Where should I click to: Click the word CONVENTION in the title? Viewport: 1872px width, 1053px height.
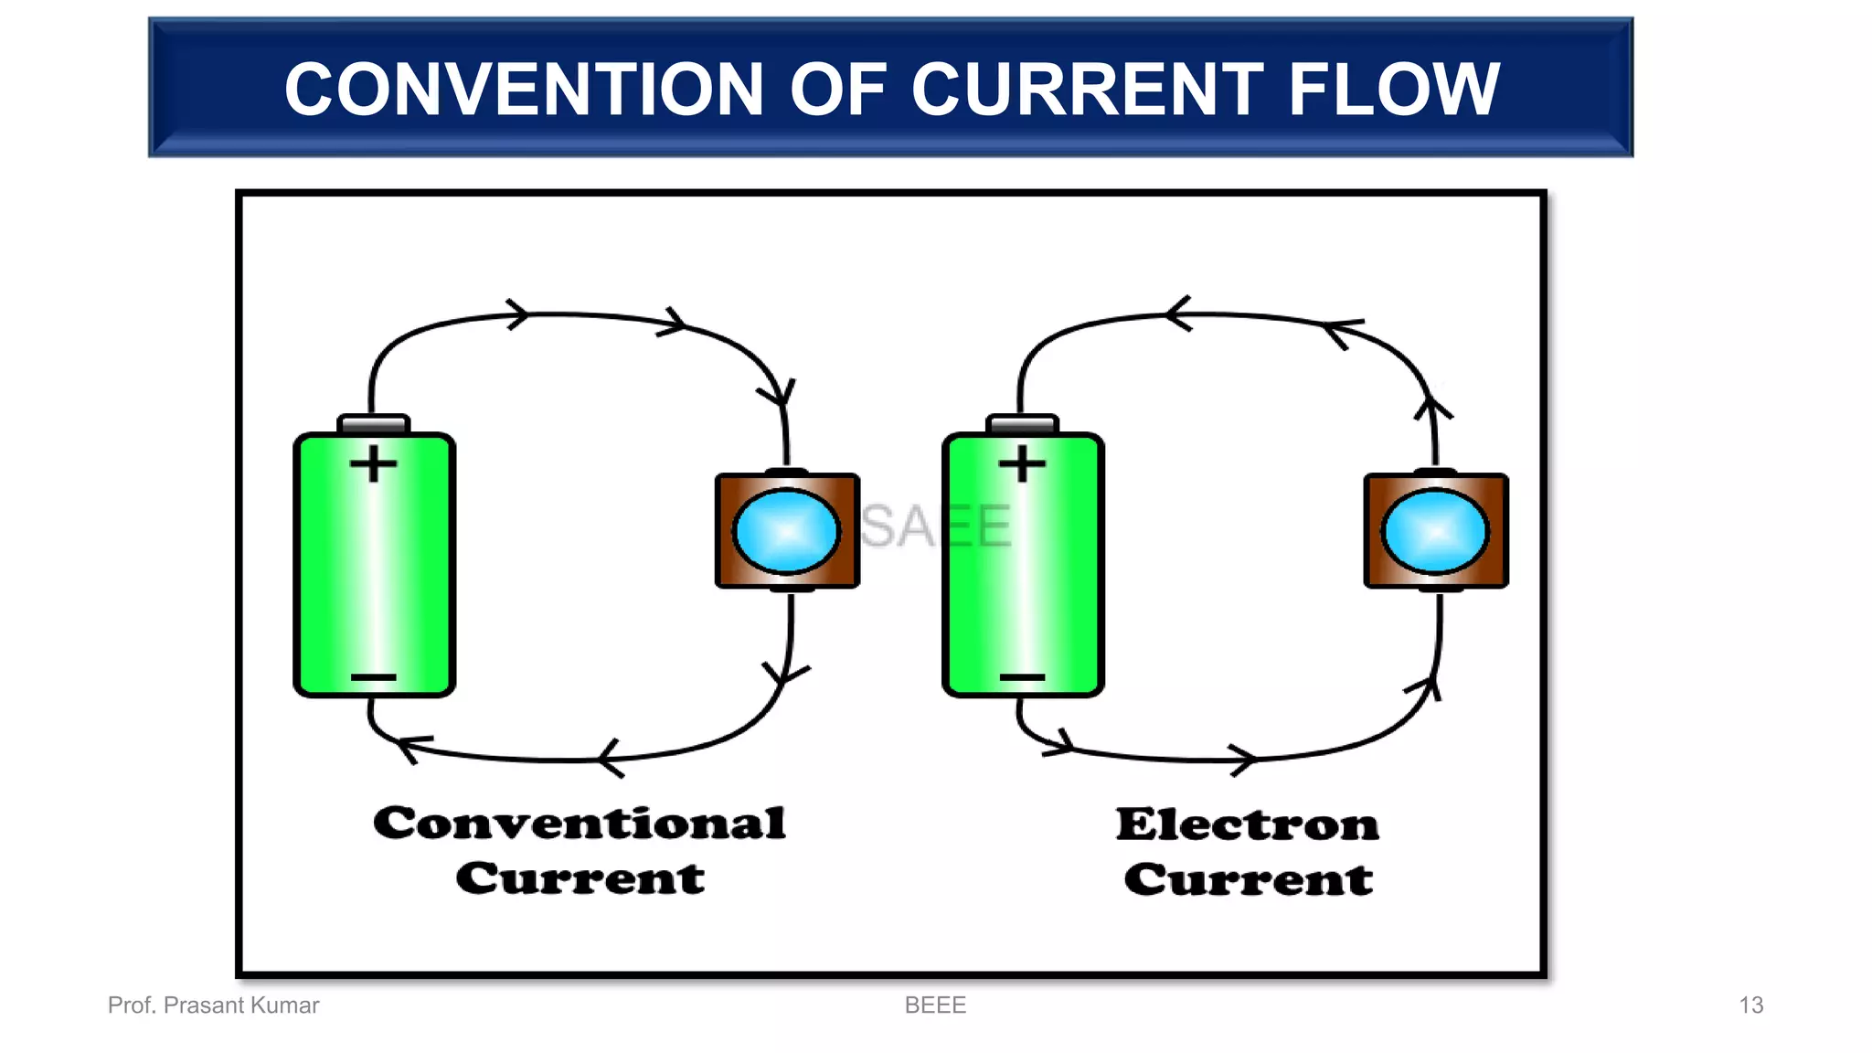[x=523, y=90]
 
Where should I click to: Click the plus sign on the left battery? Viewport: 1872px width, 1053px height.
[x=374, y=463]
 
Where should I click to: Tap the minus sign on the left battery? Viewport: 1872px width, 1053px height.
[x=374, y=677]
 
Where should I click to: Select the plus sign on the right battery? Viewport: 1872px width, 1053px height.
[x=1022, y=463]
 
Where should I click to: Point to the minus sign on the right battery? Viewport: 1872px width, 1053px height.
[x=1022, y=677]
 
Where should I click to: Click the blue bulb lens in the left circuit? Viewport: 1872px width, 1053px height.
[x=786, y=531]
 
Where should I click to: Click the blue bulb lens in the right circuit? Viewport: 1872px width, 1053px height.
[x=1435, y=531]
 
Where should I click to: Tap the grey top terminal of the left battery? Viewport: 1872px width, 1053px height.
[x=374, y=424]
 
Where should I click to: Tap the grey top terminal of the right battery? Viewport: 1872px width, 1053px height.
[x=1022, y=424]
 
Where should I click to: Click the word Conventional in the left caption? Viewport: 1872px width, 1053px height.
[x=580, y=824]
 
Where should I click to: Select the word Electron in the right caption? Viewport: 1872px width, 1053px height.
[x=1248, y=824]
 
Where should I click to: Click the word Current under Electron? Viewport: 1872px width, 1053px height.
[x=1248, y=879]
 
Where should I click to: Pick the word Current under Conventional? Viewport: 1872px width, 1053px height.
[x=580, y=878]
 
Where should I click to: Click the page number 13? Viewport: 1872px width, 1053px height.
[x=1750, y=1005]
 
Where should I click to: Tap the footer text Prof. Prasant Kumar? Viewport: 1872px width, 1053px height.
[x=213, y=1005]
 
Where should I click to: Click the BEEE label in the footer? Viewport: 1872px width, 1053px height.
[x=935, y=1005]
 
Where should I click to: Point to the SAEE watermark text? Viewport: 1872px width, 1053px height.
[x=935, y=526]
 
